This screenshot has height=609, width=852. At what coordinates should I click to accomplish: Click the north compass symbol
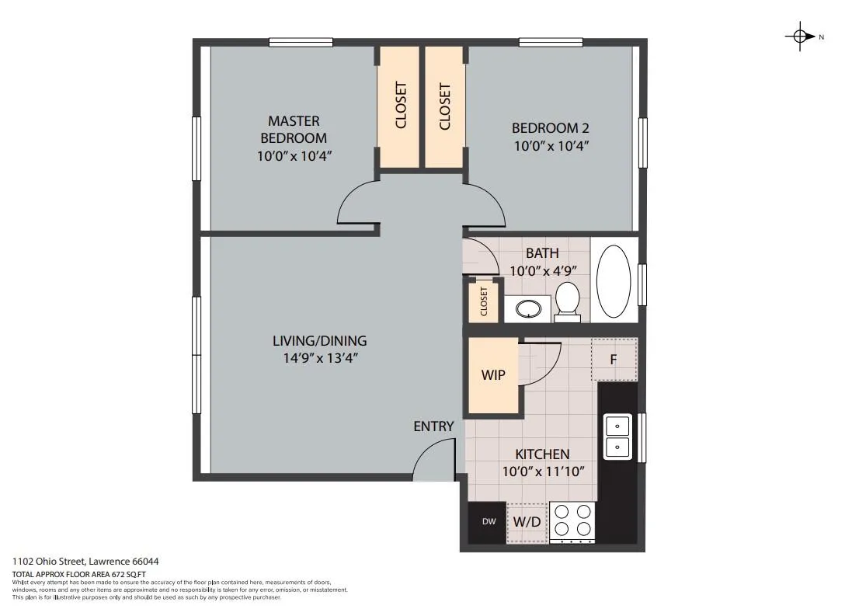coord(800,37)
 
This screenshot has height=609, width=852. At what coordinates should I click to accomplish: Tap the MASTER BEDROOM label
coord(294,129)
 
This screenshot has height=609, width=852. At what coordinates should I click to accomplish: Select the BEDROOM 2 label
coord(551,128)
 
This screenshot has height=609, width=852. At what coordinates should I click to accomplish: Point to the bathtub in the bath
coord(614,281)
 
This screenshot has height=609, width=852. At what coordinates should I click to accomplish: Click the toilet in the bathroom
coord(567,299)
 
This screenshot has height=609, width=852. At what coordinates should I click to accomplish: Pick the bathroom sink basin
coord(528,309)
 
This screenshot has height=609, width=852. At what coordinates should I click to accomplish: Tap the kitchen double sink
coord(617,437)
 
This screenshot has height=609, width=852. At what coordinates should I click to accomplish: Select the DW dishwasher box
coord(488,521)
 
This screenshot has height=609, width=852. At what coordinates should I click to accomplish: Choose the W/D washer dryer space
coord(527,523)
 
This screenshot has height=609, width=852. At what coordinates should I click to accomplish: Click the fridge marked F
coord(614,360)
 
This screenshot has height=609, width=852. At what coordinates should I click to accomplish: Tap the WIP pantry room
coord(493,375)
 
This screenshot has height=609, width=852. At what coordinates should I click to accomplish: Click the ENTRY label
coord(433,426)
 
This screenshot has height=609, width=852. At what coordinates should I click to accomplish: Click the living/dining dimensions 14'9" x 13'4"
coord(320,358)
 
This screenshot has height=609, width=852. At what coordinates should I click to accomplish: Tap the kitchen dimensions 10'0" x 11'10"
coord(543,471)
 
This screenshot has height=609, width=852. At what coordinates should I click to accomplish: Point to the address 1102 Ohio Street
coord(49,561)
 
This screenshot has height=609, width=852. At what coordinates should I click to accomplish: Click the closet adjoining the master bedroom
coord(399,106)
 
